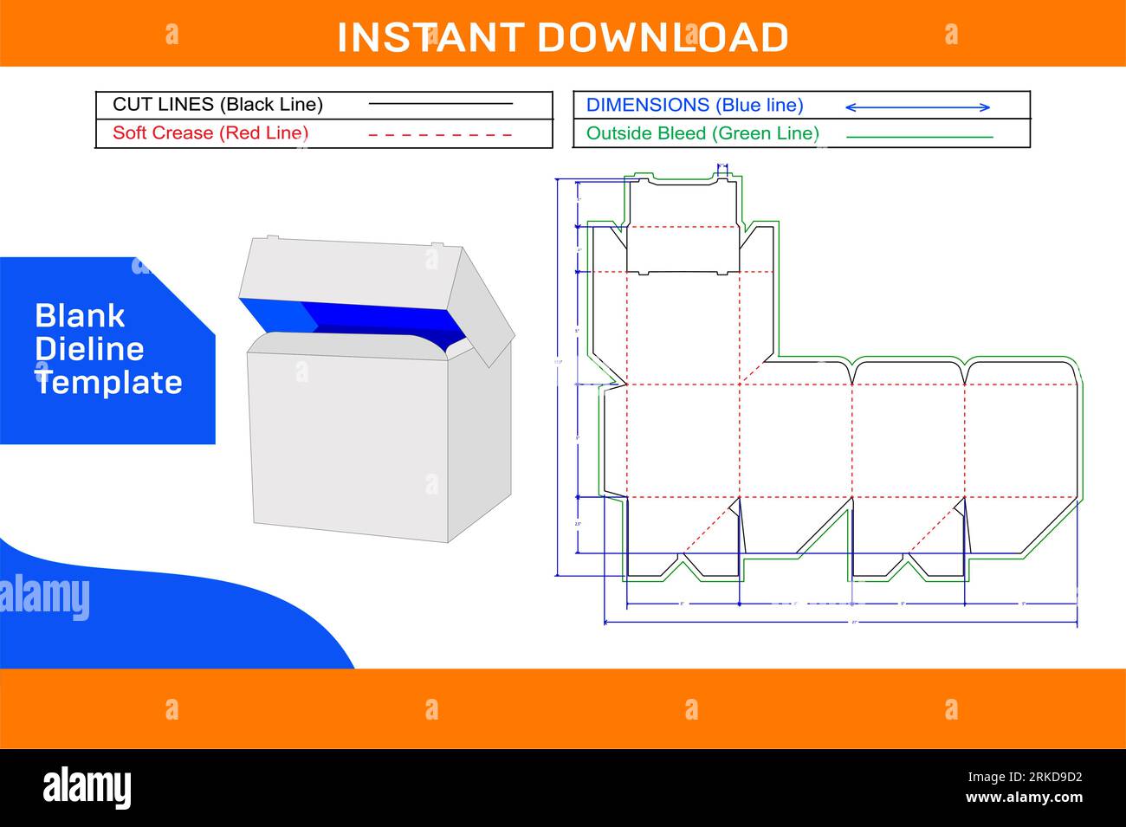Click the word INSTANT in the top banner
point(430,38)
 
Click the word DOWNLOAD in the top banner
point(663,38)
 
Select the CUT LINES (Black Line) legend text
point(217,105)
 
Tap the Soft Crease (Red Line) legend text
point(210,133)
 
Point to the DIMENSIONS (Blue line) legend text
point(695,106)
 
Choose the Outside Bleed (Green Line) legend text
point(702,133)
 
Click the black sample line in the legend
point(441,104)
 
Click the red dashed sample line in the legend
point(441,135)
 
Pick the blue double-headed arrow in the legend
point(917,107)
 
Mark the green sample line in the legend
point(919,137)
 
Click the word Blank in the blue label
point(80,316)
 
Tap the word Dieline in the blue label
point(89,349)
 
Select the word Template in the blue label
point(109,383)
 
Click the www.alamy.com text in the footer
point(1024,798)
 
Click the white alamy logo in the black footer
point(87,787)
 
